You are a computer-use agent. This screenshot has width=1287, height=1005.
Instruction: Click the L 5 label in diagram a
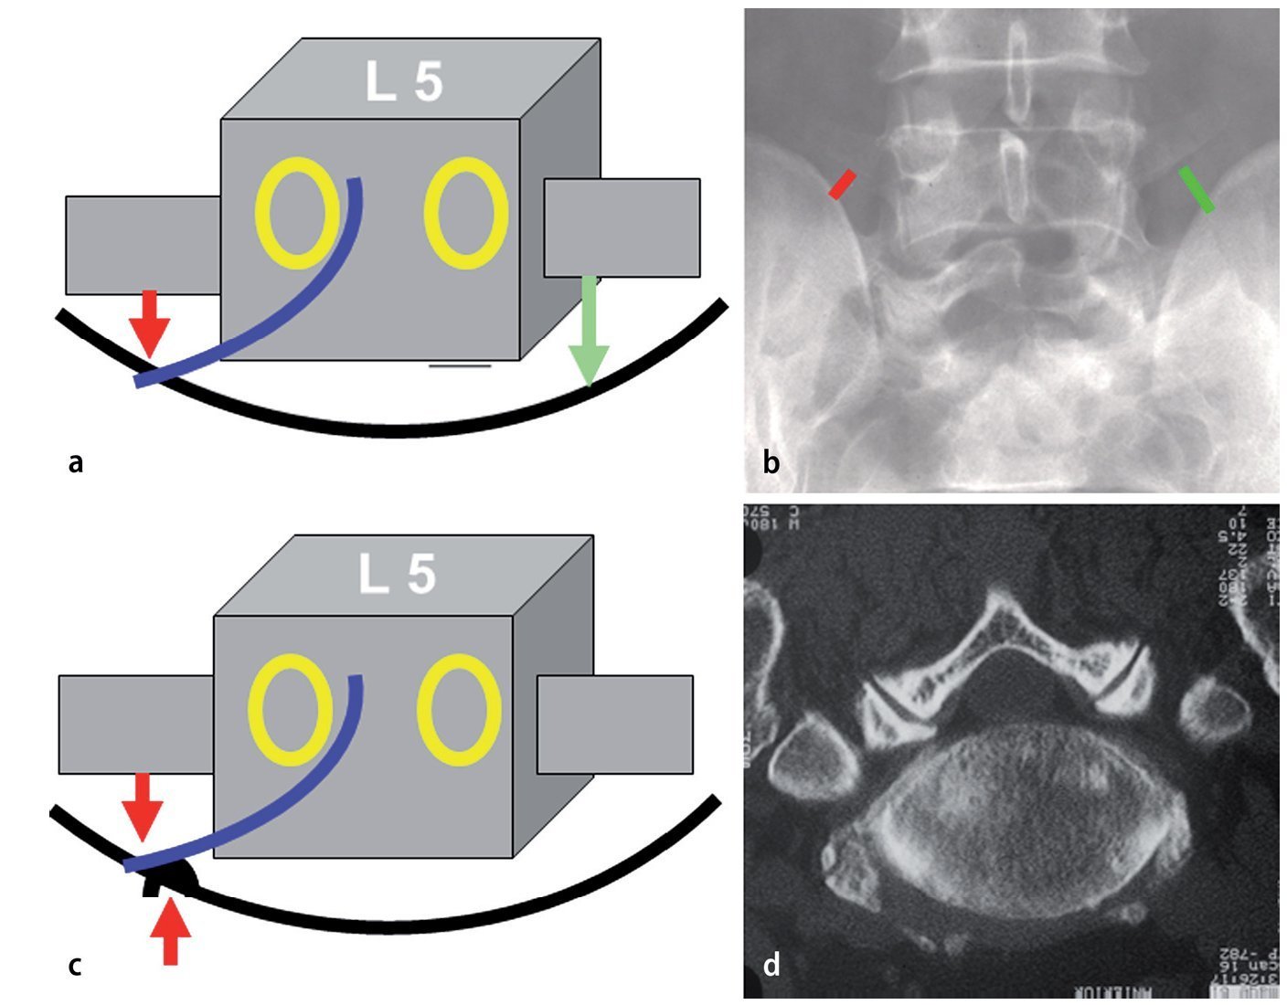click(x=404, y=82)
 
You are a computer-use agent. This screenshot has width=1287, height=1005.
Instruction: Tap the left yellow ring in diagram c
click(x=288, y=711)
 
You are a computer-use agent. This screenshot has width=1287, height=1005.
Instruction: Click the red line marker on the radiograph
click(x=842, y=184)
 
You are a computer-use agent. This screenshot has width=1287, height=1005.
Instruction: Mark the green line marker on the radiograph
click(x=1197, y=189)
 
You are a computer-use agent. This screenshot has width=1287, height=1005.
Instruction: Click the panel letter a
click(x=76, y=463)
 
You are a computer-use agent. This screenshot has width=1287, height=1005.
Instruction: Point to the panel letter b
click(x=771, y=463)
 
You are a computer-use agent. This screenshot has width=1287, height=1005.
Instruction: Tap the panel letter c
click(x=76, y=965)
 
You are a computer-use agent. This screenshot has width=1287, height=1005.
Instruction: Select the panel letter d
click(x=771, y=964)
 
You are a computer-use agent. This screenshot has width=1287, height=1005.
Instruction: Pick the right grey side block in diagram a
click(x=622, y=227)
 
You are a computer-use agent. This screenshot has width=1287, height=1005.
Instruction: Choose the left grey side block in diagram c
click(x=135, y=724)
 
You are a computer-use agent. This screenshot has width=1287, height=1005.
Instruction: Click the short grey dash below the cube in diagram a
click(x=460, y=366)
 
